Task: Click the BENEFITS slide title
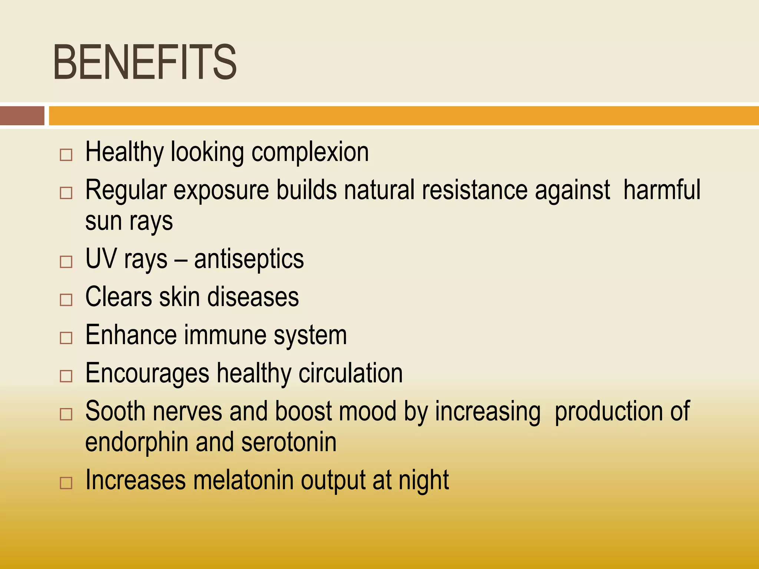[x=145, y=62]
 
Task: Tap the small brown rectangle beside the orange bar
[x=22, y=116]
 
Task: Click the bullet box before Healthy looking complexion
[x=66, y=155]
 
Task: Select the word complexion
[x=310, y=153]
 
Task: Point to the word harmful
[x=662, y=190]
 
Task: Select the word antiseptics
[x=249, y=259]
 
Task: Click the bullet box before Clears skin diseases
[x=66, y=300]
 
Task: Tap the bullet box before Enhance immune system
[x=66, y=338]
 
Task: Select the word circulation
[x=351, y=373]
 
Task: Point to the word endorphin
[x=137, y=443]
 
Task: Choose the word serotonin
[x=289, y=442]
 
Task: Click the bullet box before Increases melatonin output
[x=66, y=483]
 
